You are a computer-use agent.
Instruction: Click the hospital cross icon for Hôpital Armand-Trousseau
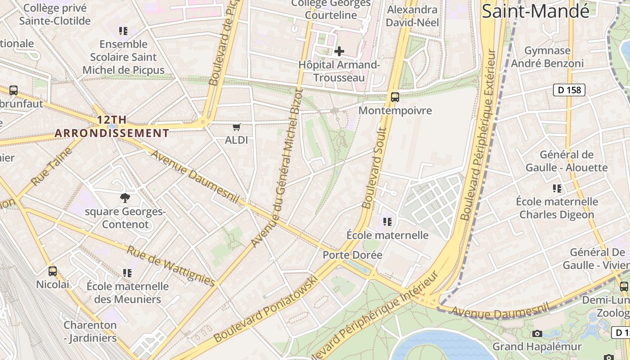pos(339,51)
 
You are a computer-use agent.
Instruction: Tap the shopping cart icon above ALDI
pos(237,127)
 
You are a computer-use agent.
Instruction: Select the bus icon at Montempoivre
pos(395,97)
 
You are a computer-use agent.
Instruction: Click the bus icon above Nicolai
pos(53,271)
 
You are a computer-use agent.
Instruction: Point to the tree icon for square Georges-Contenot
pos(125,198)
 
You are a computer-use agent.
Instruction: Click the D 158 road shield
pos(569,90)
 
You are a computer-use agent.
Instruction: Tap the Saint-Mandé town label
pos(535,11)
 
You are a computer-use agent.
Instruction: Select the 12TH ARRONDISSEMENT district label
pos(112,126)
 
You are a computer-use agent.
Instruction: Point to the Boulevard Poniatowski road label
pos(266,309)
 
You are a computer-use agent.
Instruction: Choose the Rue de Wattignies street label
pos(171,266)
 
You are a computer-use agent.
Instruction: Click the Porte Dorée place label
pos(352,255)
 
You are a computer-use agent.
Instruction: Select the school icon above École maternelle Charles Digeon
pos(557,189)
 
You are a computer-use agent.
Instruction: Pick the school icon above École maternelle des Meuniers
pos(127,273)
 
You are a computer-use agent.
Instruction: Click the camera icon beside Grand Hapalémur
pos(537,333)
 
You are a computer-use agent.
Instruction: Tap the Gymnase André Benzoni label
pos(548,57)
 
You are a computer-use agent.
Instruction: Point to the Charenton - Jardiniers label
pos(90,331)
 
